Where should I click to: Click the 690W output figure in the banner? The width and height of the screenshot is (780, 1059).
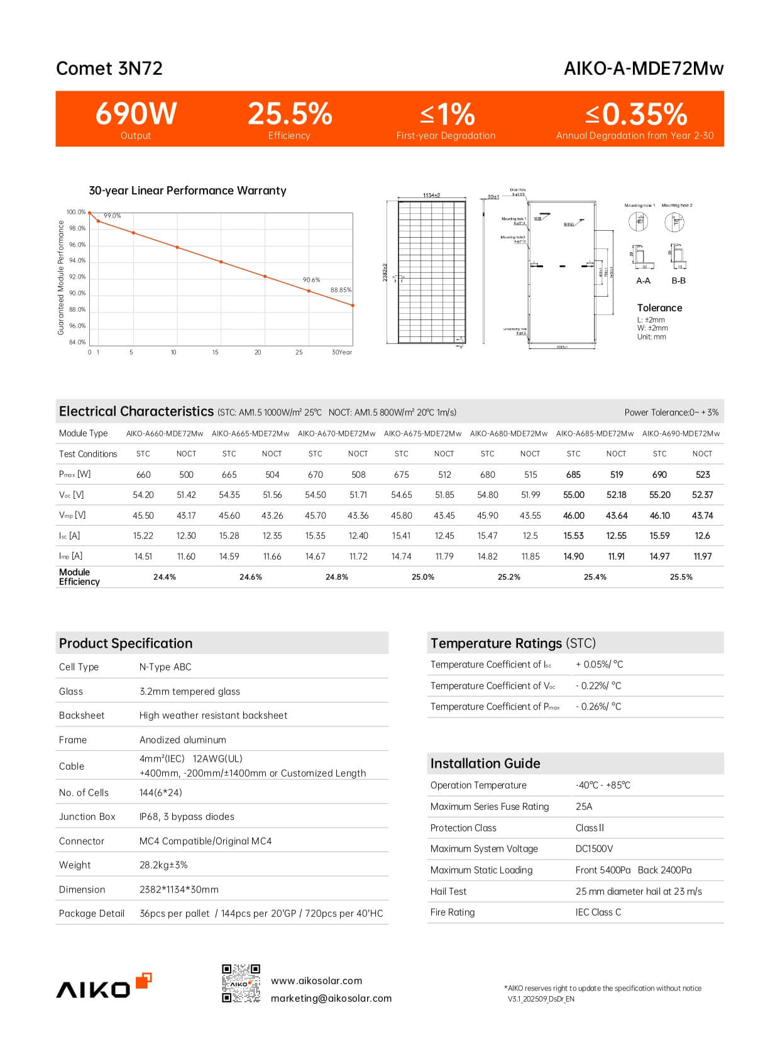tap(136, 114)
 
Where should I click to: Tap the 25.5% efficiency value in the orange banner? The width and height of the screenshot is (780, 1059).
tap(290, 114)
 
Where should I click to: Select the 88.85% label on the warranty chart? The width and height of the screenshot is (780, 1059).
tap(341, 290)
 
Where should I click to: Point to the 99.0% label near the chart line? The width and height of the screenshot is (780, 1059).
tap(112, 216)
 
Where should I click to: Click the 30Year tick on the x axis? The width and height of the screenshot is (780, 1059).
tap(341, 352)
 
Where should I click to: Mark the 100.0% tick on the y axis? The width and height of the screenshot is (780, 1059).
tap(76, 212)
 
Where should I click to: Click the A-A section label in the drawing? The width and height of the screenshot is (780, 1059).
tap(643, 280)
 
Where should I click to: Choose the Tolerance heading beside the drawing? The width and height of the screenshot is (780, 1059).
tap(659, 308)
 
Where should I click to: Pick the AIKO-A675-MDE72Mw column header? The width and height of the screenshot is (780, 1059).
tap(422, 433)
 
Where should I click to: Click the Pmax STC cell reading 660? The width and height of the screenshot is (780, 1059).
tap(143, 475)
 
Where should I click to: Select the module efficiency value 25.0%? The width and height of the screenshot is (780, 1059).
tap(422, 577)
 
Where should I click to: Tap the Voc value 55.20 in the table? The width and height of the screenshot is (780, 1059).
tap(659, 495)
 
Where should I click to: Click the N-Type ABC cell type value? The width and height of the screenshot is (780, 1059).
tap(165, 667)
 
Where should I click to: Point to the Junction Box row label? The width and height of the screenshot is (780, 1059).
tap(87, 816)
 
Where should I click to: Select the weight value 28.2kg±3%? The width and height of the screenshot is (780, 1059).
tap(163, 865)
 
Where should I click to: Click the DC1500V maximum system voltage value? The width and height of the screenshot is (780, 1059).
tap(594, 848)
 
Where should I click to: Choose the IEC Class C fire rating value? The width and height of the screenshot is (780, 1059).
tap(598, 912)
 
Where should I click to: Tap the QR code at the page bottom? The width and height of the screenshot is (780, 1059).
tap(241, 983)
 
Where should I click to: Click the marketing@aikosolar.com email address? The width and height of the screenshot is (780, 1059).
tap(331, 998)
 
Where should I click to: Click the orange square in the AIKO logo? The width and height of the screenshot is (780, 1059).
tap(144, 980)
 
